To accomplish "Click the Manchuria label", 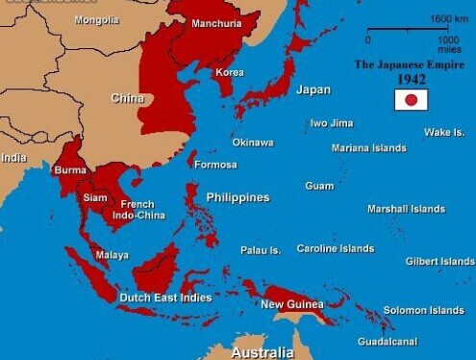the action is [216, 23].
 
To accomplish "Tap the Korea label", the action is [230, 72].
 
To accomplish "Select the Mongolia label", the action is [96, 20].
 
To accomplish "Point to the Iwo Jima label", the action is [331, 123].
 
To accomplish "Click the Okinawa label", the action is [252, 142].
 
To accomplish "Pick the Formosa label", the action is [215, 165].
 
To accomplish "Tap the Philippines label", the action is [238, 197].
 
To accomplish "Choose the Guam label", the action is [319, 186].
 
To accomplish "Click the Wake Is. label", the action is [443, 132].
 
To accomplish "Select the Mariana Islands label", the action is [368, 148].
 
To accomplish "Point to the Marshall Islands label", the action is [406, 209].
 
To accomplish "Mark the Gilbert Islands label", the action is [439, 261].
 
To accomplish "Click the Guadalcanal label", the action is [387, 342].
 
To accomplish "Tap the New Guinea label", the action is [292, 305].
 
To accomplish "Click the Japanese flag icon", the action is [411, 100].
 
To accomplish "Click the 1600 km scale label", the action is [448, 19].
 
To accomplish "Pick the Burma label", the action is [70, 170].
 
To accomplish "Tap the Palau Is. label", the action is [261, 250].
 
